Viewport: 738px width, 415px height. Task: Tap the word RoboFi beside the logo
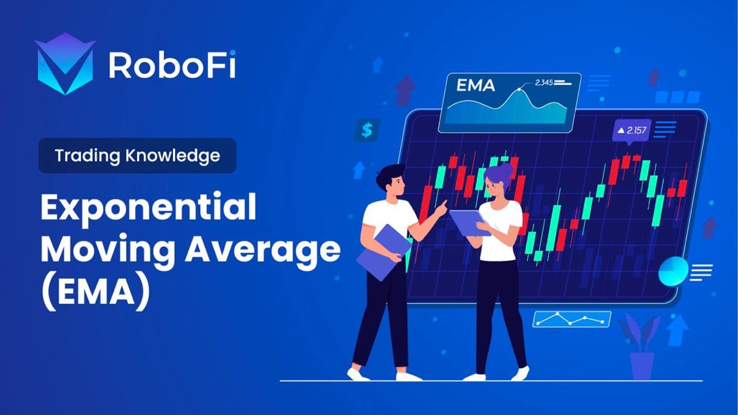(172, 65)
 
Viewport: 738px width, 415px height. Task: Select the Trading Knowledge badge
(137, 156)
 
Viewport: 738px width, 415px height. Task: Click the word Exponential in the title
(148, 209)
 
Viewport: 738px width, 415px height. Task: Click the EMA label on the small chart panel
(475, 86)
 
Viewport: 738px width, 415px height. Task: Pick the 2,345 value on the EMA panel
(544, 83)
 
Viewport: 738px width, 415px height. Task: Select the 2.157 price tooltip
(632, 131)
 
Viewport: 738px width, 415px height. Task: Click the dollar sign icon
(367, 130)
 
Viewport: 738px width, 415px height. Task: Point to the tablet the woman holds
(468, 222)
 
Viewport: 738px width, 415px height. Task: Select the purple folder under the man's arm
(383, 252)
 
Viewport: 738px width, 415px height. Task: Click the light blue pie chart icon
(673, 271)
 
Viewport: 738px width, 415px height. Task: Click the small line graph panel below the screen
(571, 319)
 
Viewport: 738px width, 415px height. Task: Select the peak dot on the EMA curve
(519, 90)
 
